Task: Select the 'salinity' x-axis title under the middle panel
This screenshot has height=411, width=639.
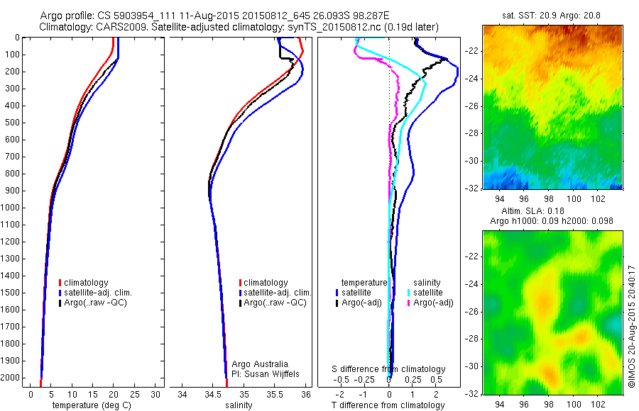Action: click(239, 405)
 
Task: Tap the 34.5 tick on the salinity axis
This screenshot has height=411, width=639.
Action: click(213, 394)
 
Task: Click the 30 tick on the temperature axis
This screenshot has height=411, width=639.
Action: click(156, 394)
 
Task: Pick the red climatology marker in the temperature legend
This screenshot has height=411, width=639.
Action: click(61, 283)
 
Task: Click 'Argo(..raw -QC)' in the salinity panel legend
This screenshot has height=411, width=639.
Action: click(275, 303)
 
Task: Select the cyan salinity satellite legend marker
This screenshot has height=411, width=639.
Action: click(409, 293)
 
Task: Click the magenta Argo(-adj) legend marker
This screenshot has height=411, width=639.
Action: click(409, 303)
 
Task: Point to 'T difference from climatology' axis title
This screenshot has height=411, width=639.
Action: click(388, 405)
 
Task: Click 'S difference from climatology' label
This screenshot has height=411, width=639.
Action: click(389, 369)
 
